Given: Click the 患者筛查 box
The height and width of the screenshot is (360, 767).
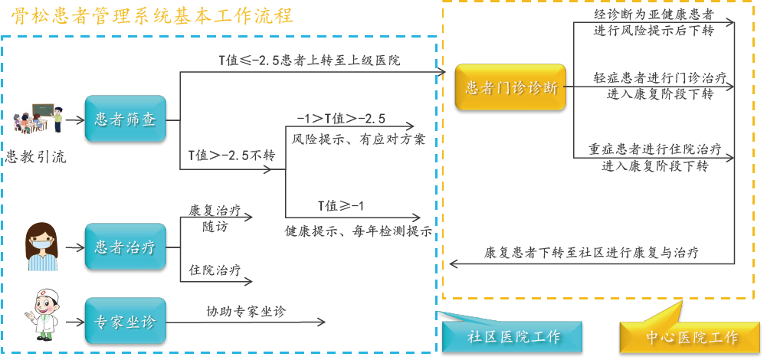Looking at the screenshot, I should [125, 121].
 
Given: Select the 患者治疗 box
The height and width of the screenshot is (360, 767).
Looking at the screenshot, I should [125, 247].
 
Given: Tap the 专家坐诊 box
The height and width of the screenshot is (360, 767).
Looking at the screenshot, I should [125, 322].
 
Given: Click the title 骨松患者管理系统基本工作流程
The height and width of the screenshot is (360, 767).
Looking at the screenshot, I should [152, 16].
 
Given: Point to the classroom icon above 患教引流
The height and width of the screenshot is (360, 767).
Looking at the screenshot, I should [36, 118].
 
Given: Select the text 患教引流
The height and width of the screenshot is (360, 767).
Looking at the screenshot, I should [36, 158].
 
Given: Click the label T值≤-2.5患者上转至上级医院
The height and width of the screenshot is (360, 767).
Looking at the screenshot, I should [310, 60].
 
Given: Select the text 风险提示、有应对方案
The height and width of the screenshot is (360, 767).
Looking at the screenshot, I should [359, 141].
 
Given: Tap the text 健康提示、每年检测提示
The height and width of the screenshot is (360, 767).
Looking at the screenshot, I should [358, 231].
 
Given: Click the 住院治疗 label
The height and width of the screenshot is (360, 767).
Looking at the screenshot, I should [215, 270].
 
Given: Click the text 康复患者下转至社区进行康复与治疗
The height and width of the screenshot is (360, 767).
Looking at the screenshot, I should [590, 251].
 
